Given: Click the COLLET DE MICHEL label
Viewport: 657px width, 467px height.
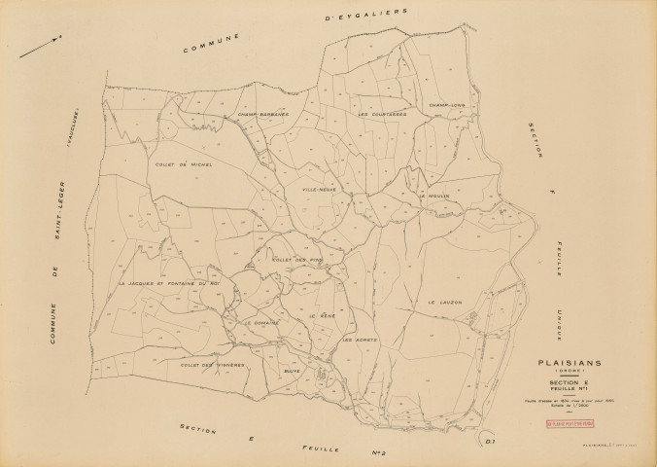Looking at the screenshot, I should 183,164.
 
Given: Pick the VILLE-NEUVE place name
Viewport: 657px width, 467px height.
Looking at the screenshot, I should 320,189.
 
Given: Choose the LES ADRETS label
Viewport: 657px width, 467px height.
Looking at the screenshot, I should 359,340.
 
